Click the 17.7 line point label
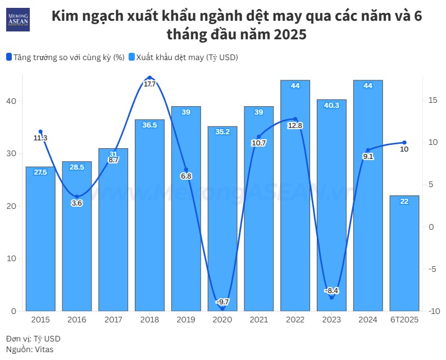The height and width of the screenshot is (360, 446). click(x=150, y=84)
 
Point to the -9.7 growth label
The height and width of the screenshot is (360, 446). click(x=222, y=302)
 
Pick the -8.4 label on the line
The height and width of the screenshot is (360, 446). click(x=331, y=291)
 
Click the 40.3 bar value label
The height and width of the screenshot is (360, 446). click(x=331, y=105)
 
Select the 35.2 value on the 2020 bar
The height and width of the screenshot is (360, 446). click(x=222, y=132)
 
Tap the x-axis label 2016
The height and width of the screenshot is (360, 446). click(x=77, y=320)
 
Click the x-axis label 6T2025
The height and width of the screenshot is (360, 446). click(x=404, y=320)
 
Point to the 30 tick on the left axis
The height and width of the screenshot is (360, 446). click(x=12, y=154)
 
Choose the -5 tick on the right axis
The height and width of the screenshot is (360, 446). click(x=430, y=269)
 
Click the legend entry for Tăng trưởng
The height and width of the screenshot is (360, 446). click(x=65, y=57)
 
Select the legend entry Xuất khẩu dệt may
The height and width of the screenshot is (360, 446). click(x=183, y=57)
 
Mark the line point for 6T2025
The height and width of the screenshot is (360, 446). click(x=404, y=142)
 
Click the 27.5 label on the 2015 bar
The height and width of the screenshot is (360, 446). click(x=40, y=172)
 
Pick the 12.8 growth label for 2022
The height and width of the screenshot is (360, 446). click(x=295, y=126)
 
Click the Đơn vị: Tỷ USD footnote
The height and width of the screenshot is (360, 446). click(x=33, y=339)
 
